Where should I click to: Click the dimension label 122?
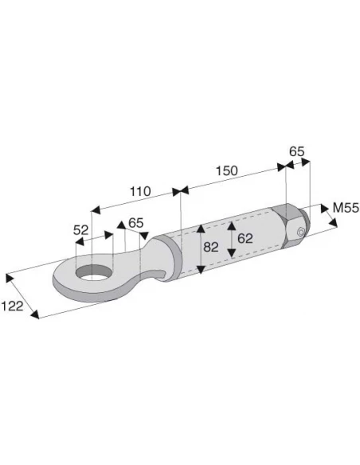click(13, 306)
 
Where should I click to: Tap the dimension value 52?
click(81, 230)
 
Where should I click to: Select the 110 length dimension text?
click(140, 192)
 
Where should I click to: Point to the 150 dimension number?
click(226, 171)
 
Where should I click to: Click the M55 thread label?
click(346, 208)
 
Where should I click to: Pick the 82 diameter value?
click(211, 247)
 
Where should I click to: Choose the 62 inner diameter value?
click(245, 238)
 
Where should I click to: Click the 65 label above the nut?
click(297, 151)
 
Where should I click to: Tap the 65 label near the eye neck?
click(136, 223)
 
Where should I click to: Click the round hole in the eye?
click(94, 273)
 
